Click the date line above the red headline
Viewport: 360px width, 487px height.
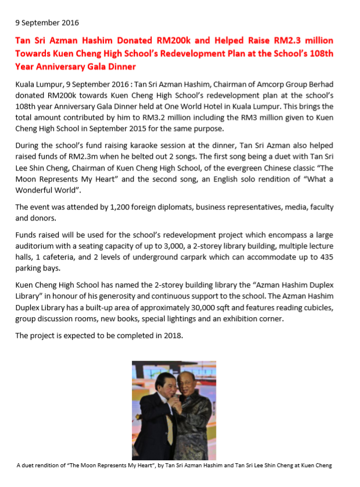point(47,23)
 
